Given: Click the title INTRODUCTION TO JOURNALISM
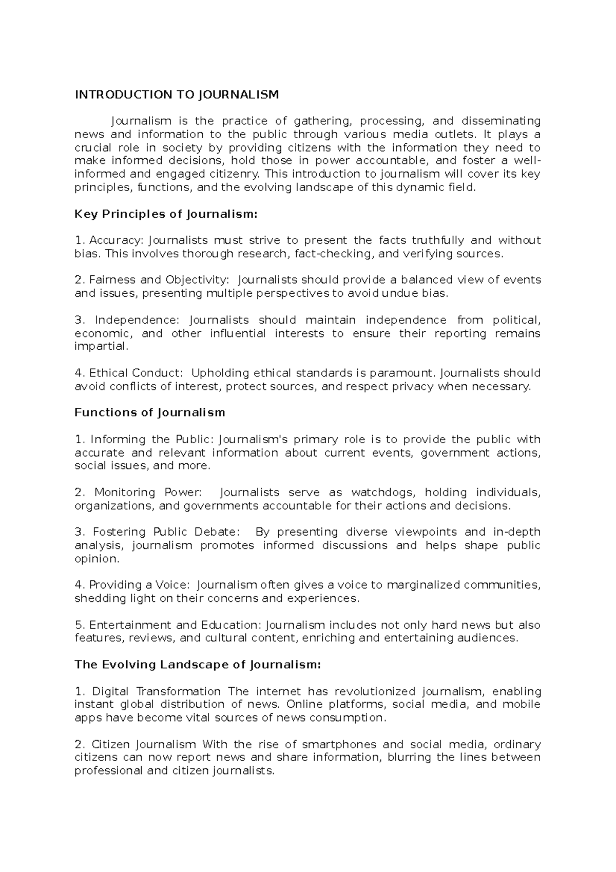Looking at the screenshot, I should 177,94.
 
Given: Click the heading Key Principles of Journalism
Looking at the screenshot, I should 165,214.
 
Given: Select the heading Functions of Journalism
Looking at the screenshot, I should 150,412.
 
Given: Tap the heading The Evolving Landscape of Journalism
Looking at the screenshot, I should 198,665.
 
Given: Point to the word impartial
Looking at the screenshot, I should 100,347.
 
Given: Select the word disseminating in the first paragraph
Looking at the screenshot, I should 500,121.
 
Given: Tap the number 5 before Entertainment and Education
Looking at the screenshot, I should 79,625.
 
